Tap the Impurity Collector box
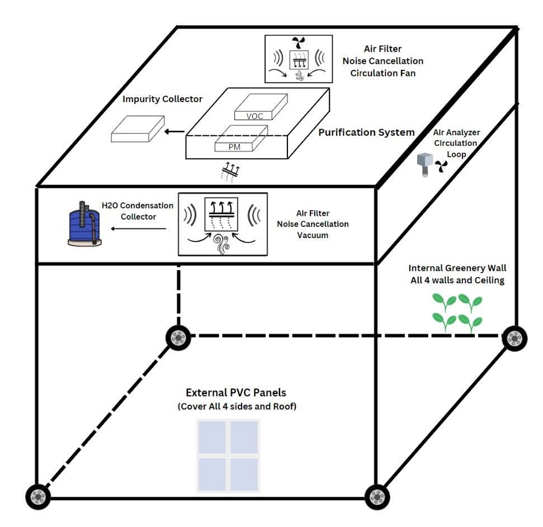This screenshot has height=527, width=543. click(138, 129)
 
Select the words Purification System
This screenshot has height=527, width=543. click(366, 132)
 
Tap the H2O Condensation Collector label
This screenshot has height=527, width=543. click(138, 211)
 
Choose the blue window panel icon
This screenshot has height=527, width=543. click(228, 456)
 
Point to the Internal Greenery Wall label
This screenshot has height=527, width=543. click(457, 274)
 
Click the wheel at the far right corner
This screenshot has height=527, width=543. click(514, 338)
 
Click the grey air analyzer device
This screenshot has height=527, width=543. click(426, 165)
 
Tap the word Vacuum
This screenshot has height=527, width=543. click(313, 235)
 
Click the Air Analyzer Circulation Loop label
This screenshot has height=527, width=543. click(456, 143)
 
